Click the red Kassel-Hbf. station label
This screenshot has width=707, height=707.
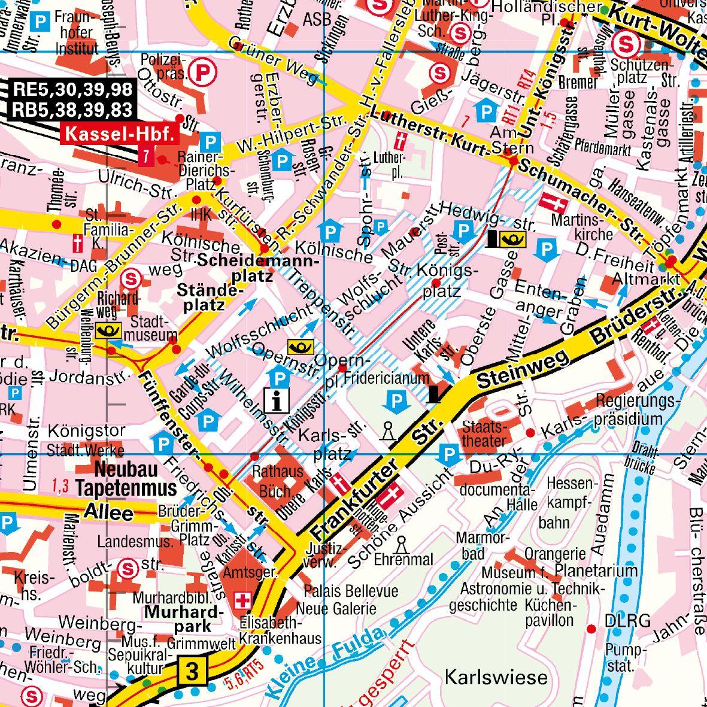point(120,135)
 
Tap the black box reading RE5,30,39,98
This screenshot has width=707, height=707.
point(72,90)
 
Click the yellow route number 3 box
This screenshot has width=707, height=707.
point(192,671)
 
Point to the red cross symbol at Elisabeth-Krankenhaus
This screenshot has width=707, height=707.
point(244,600)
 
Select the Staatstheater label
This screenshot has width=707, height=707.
point(484,433)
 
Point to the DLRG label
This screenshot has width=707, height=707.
point(627,621)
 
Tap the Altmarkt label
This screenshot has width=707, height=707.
point(646,279)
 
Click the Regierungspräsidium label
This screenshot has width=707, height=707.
point(638,409)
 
